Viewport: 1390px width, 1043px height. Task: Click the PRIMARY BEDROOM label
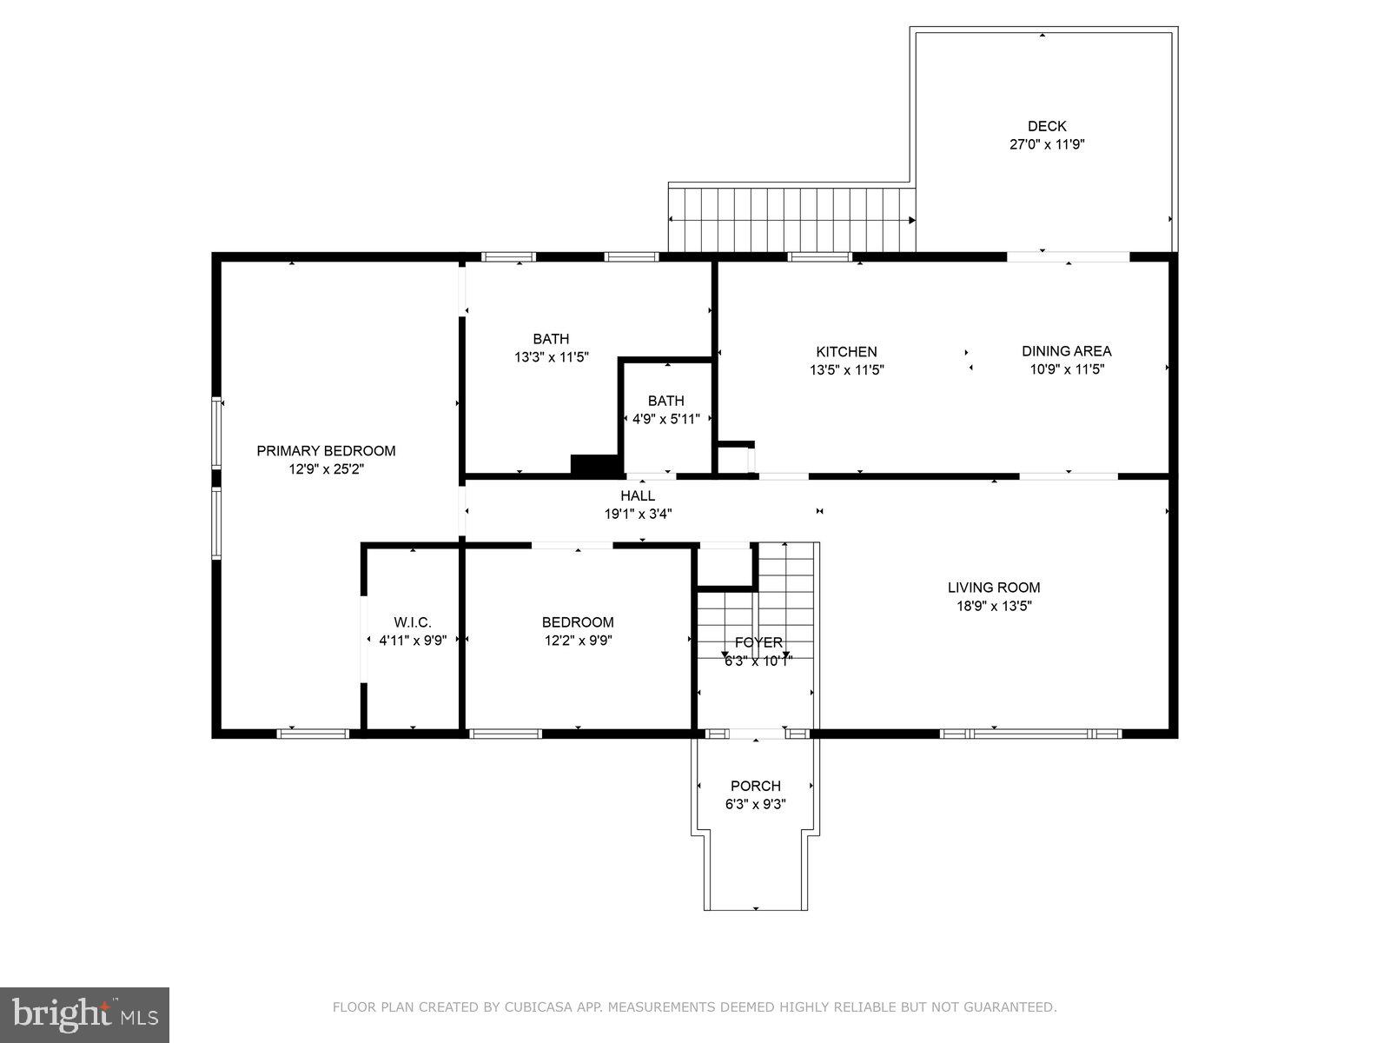[x=326, y=450]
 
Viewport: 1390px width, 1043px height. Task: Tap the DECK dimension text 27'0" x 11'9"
[x=1046, y=145]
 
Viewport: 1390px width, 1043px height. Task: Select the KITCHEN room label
[x=846, y=351]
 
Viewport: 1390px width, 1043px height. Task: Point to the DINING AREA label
[x=1066, y=351]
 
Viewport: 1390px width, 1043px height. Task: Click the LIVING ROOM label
[x=993, y=588]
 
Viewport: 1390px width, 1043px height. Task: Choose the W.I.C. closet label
[x=412, y=622]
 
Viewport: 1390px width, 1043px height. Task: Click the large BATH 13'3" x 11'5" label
[x=552, y=348]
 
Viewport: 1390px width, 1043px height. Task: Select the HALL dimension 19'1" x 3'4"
[x=638, y=514]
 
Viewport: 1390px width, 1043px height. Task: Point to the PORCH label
[x=755, y=786]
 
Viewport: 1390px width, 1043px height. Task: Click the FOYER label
[x=758, y=642]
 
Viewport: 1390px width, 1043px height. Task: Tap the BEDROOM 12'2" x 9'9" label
[x=578, y=631]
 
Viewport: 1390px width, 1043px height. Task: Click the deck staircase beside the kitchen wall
[x=791, y=219]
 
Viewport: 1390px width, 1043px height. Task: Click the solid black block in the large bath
[x=593, y=465]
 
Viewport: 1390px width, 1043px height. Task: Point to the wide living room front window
[x=1030, y=734]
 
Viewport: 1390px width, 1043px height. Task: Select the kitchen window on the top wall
[x=819, y=256]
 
